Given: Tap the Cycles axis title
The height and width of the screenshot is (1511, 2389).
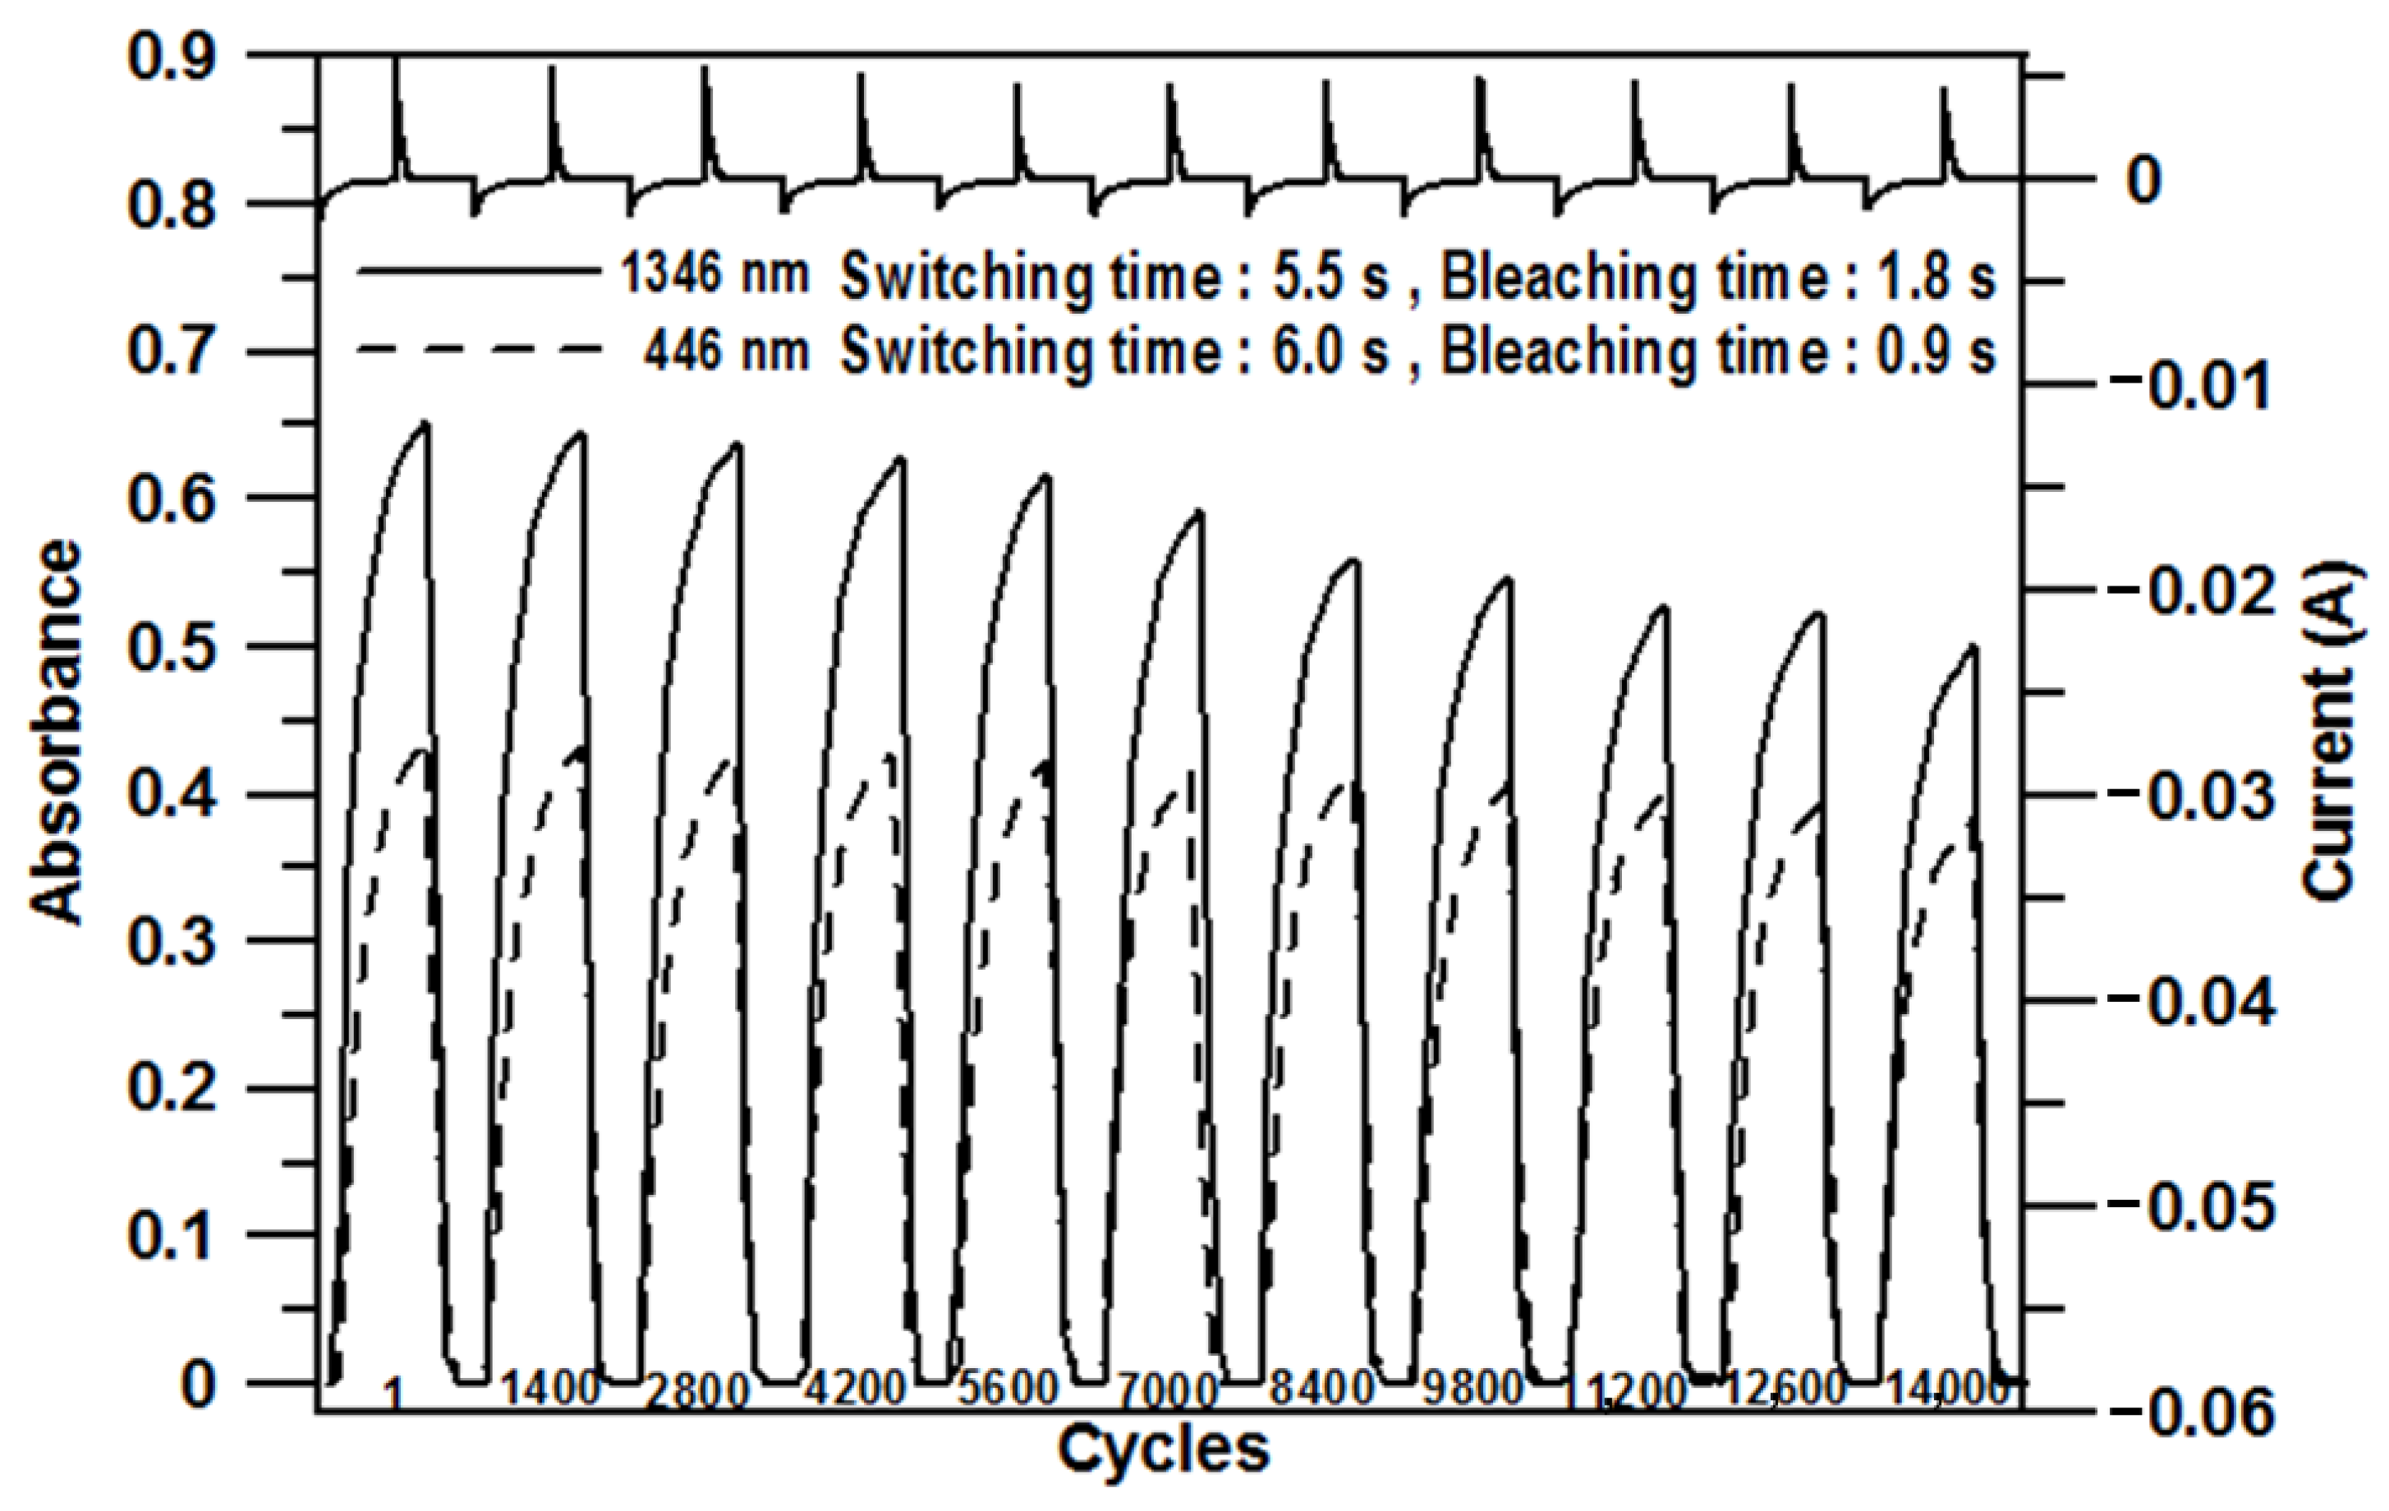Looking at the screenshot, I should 1163,1449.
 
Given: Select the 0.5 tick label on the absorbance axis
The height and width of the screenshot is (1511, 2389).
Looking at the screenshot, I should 172,647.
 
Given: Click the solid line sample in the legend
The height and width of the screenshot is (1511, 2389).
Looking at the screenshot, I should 478,270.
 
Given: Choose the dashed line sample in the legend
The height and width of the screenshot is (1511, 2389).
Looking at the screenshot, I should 478,348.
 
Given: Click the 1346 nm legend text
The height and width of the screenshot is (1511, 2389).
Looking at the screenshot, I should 714,273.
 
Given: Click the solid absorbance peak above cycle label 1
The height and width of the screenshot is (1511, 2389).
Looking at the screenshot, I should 425,425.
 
